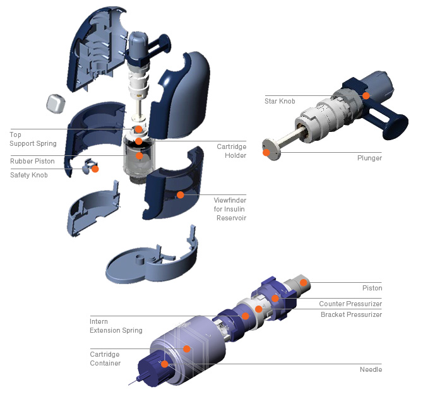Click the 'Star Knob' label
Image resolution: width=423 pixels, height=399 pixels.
click(x=281, y=100)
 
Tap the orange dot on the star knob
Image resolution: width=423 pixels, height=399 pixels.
click(x=366, y=95)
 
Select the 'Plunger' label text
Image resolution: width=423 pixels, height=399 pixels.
click(x=369, y=158)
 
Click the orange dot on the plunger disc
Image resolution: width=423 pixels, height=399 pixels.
click(x=266, y=152)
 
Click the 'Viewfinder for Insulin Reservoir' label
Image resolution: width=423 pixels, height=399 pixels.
click(x=230, y=208)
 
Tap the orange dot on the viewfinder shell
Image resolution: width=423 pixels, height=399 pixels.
click(x=180, y=195)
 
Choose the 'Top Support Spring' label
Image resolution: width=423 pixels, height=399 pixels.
click(x=33, y=139)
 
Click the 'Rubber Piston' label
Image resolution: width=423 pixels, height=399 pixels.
click(x=32, y=161)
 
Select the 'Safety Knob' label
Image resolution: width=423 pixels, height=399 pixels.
click(x=29, y=175)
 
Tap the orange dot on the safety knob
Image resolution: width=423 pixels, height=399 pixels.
click(x=95, y=169)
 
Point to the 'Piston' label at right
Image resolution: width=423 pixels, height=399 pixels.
click(x=372, y=288)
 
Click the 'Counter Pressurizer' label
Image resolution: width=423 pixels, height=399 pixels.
click(x=350, y=304)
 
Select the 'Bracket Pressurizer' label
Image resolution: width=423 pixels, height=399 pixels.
click(x=351, y=314)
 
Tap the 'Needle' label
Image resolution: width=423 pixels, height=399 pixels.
click(x=371, y=369)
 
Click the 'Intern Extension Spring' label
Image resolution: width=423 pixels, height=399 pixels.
click(x=116, y=326)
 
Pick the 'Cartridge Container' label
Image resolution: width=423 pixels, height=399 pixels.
click(x=105, y=359)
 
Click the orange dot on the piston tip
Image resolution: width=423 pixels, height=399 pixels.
click(x=303, y=282)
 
